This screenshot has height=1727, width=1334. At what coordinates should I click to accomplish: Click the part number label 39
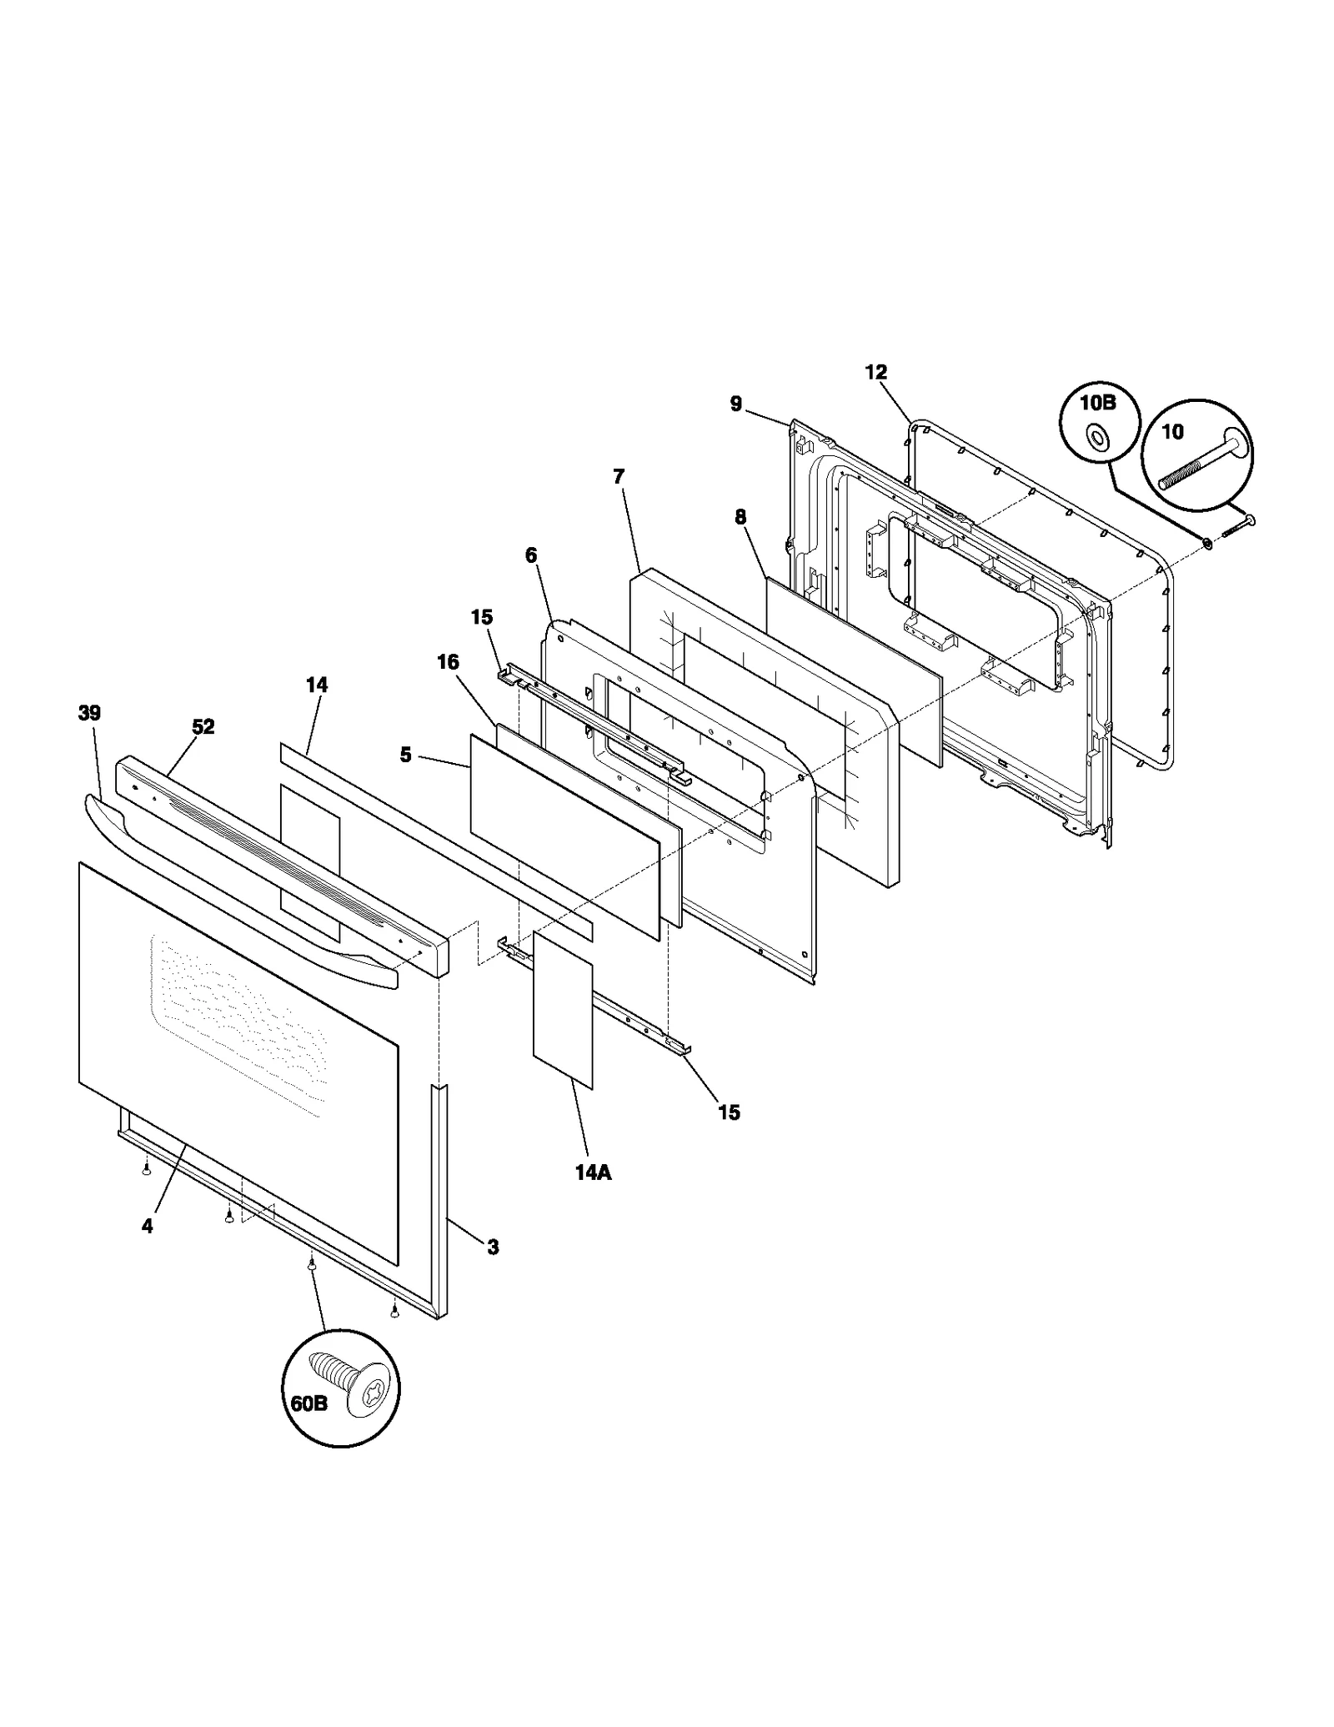[89, 714]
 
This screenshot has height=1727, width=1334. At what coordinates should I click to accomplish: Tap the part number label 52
[203, 727]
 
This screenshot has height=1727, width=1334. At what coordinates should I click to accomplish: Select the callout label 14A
[593, 1172]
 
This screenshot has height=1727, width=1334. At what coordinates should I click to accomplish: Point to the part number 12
[876, 373]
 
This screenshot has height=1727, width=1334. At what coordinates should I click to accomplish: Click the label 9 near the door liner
[736, 404]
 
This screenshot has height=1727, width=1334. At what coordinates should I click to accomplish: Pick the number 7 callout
[618, 477]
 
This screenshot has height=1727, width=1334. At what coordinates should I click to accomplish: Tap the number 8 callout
[740, 518]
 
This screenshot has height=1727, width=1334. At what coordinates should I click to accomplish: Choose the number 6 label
[531, 555]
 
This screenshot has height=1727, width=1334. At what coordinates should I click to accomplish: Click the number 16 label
[448, 662]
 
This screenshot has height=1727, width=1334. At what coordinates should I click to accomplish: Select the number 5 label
[406, 755]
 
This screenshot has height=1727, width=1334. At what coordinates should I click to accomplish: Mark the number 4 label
[147, 1226]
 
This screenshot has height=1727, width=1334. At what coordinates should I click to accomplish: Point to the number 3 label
[493, 1248]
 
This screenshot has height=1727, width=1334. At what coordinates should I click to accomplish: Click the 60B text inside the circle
[309, 1403]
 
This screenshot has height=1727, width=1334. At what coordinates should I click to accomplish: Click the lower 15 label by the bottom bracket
[729, 1112]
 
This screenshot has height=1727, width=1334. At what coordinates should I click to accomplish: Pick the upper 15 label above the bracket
[482, 617]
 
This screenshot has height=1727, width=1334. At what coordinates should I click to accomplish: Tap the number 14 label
[317, 685]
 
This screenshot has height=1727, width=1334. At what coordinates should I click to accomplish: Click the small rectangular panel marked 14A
[563, 1011]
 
